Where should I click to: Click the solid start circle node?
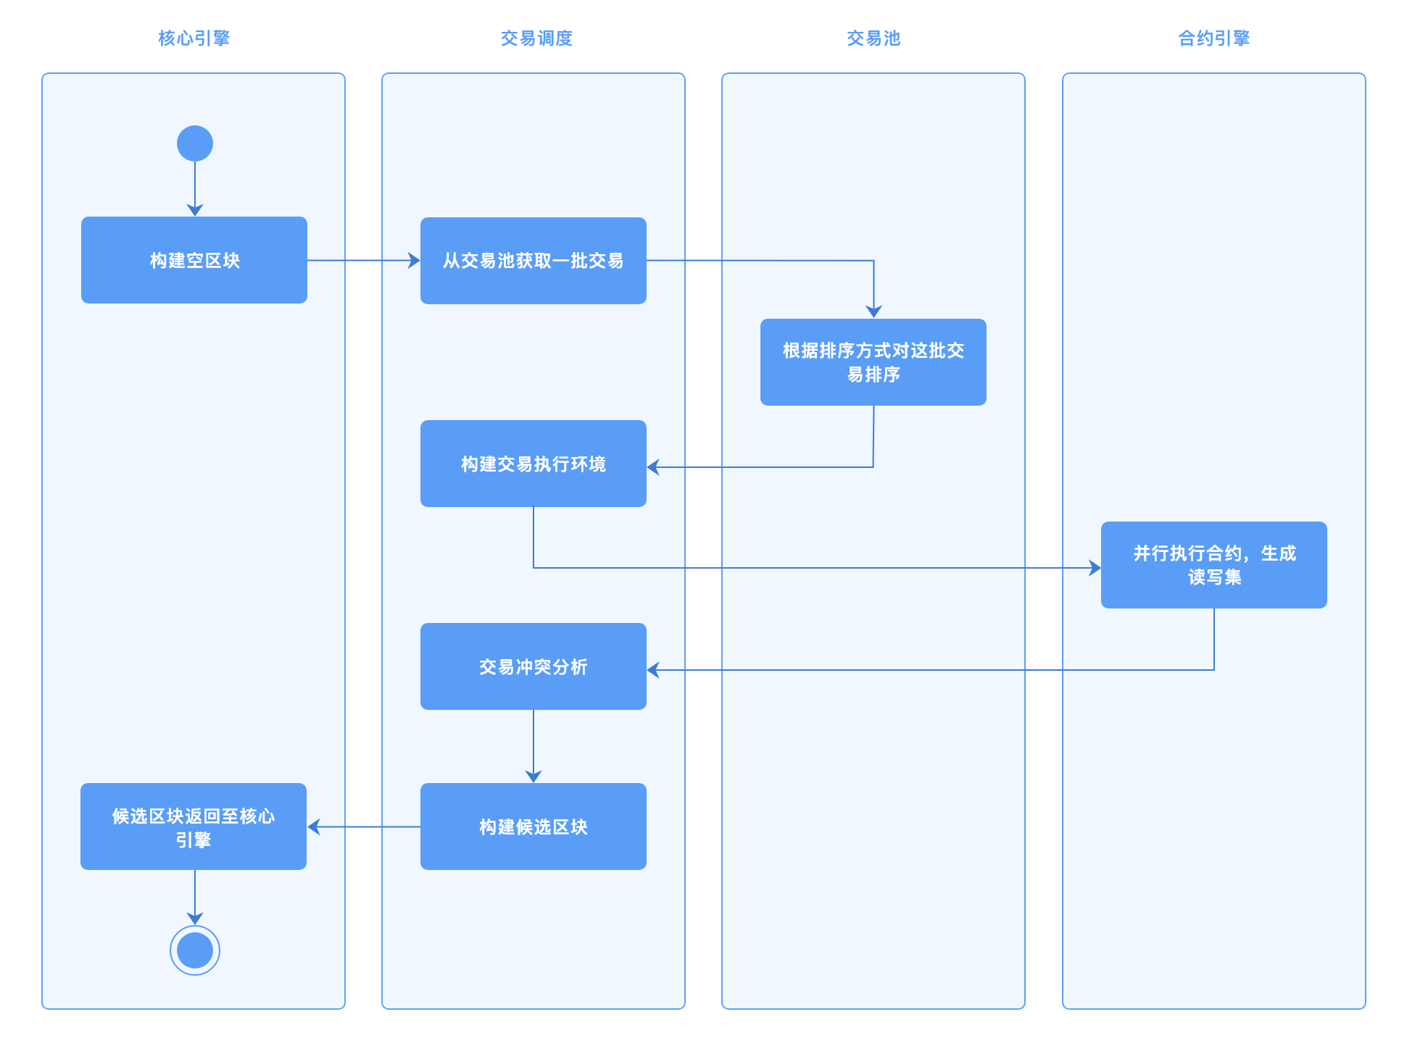click(x=195, y=143)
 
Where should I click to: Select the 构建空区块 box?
click(x=194, y=260)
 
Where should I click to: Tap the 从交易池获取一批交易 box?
click(x=534, y=261)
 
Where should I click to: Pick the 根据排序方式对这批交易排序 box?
click(x=873, y=362)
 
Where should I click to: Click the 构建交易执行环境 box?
click(x=534, y=464)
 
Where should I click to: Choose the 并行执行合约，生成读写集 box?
click(x=1214, y=565)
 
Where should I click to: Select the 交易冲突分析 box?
click(x=534, y=666)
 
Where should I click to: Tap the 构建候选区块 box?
click(x=534, y=827)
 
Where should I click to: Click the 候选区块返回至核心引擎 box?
click(x=194, y=827)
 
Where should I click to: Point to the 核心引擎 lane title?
click(x=194, y=38)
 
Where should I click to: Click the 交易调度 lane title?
click(x=536, y=38)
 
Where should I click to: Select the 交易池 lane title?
click(x=873, y=38)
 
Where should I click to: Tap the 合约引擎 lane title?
click(x=1214, y=38)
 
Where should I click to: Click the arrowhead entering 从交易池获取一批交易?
click(x=415, y=261)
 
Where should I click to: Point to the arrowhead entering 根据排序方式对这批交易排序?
click(x=874, y=312)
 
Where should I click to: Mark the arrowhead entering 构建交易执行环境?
click(x=652, y=467)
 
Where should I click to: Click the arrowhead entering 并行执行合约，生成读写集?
click(x=1095, y=568)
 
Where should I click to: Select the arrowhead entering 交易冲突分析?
click(x=652, y=670)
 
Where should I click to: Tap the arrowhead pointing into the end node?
click(x=195, y=919)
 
